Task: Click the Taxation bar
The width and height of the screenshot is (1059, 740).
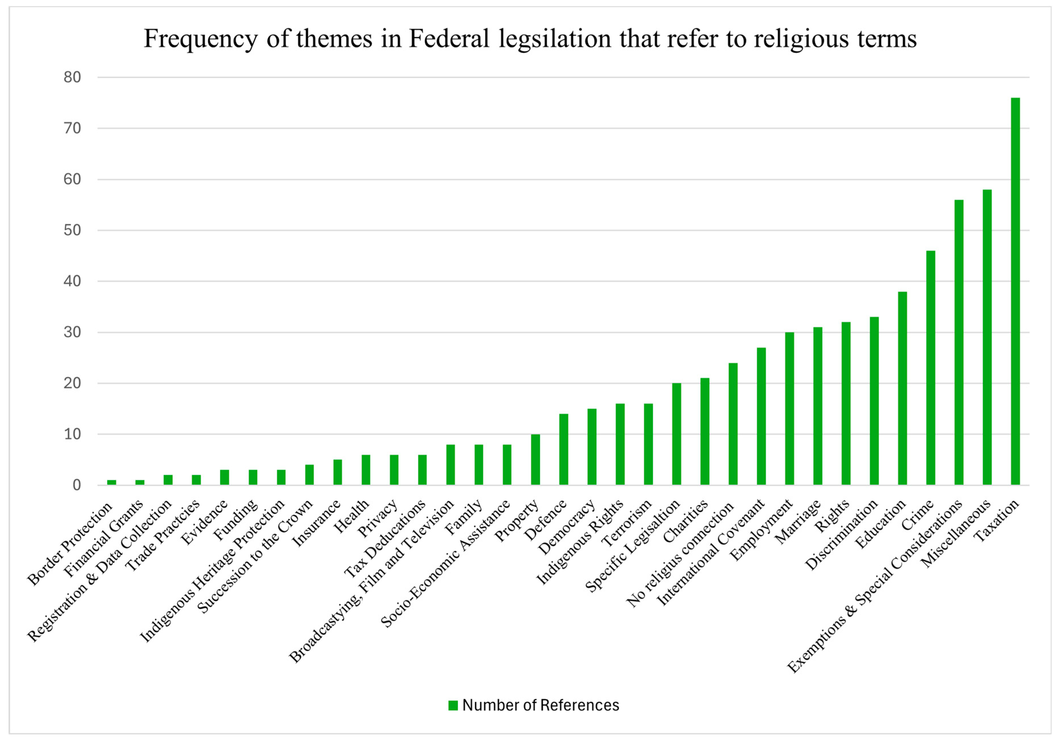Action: (x=1015, y=291)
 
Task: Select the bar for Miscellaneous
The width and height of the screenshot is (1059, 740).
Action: (x=987, y=337)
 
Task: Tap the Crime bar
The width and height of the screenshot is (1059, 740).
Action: (x=931, y=368)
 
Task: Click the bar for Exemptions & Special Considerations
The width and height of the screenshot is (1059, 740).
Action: (x=959, y=342)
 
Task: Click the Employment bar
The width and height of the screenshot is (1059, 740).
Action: (x=790, y=409)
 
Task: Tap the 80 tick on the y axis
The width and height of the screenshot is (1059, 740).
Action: (x=72, y=78)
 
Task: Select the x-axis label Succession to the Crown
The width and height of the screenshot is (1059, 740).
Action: (x=255, y=557)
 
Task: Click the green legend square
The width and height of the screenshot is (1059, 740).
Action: (x=453, y=706)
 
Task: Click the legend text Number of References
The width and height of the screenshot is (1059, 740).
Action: (x=541, y=706)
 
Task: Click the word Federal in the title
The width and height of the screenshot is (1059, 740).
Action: (x=449, y=39)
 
